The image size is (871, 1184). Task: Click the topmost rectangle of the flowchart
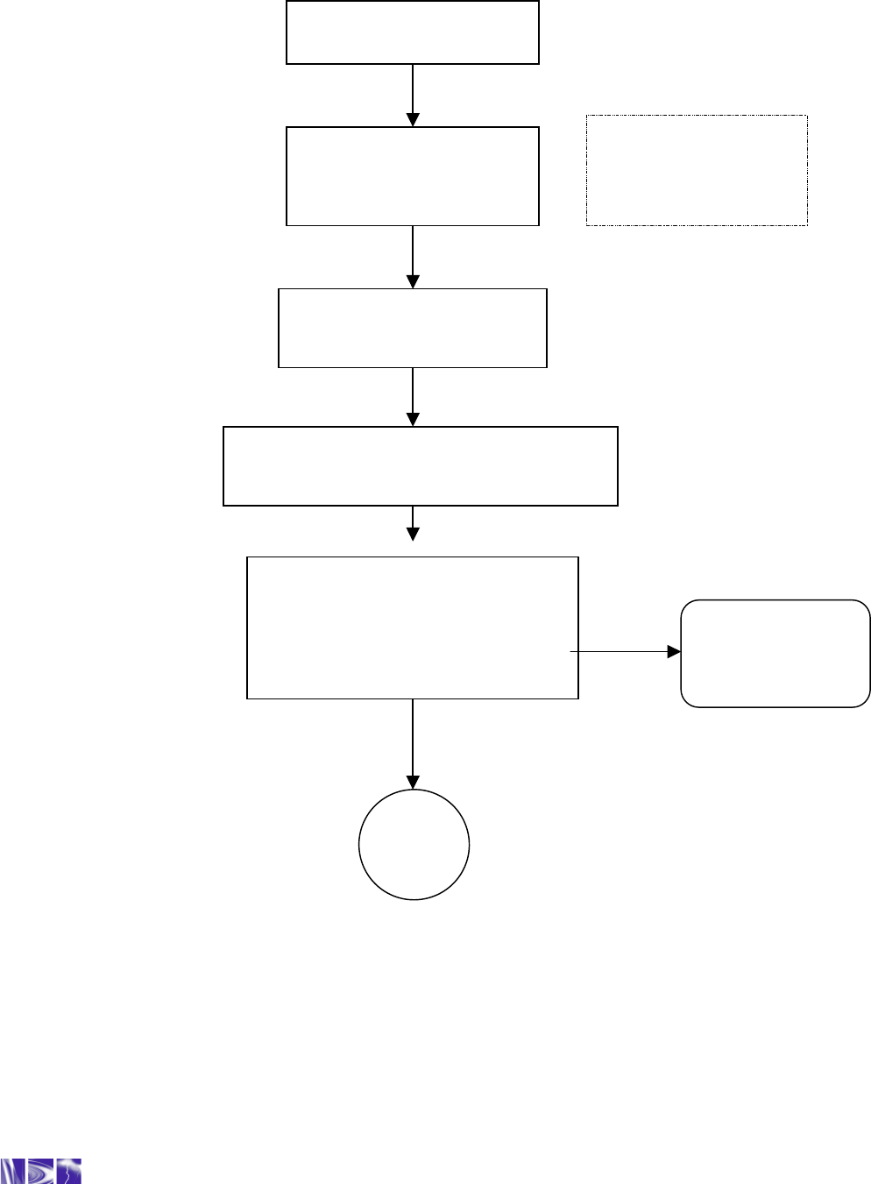pyautogui.click(x=412, y=32)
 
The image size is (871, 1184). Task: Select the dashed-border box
pyautogui.click(x=697, y=170)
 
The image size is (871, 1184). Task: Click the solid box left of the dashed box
pyautogui.click(x=412, y=176)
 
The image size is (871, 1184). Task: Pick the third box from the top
pyautogui.click(x=412, y=328)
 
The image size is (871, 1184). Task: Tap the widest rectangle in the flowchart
pyautogui.click(x=421, y=466)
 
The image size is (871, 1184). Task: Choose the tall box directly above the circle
pyautogui.click(x=412, y=627)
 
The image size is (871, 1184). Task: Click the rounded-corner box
pyautogui.click(x=775, y=653)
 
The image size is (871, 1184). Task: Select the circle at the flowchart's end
pyautogui.click(x=414, y=845)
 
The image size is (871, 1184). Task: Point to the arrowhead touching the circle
pyautogui.click(x=413, y=782)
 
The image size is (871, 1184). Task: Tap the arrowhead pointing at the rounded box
pyautogui.click(x=674, y=652)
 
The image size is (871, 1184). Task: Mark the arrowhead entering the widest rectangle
pyautogui.click(x=413, y=419)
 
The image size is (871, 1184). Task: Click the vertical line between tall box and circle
pyautogui.click(x=413, y=736)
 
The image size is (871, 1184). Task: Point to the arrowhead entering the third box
pyautogui.click(x=413, y=281)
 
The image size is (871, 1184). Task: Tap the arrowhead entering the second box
pyautogui.click(x=413, y=120)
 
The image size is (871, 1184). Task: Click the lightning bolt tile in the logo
pyautogui.click(x=69, y=1171)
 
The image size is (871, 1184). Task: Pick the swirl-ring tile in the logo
pyautogui.click(x=41, y=1171)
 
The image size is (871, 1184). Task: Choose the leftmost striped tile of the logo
pyautogui.click(x=13, y=1172)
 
